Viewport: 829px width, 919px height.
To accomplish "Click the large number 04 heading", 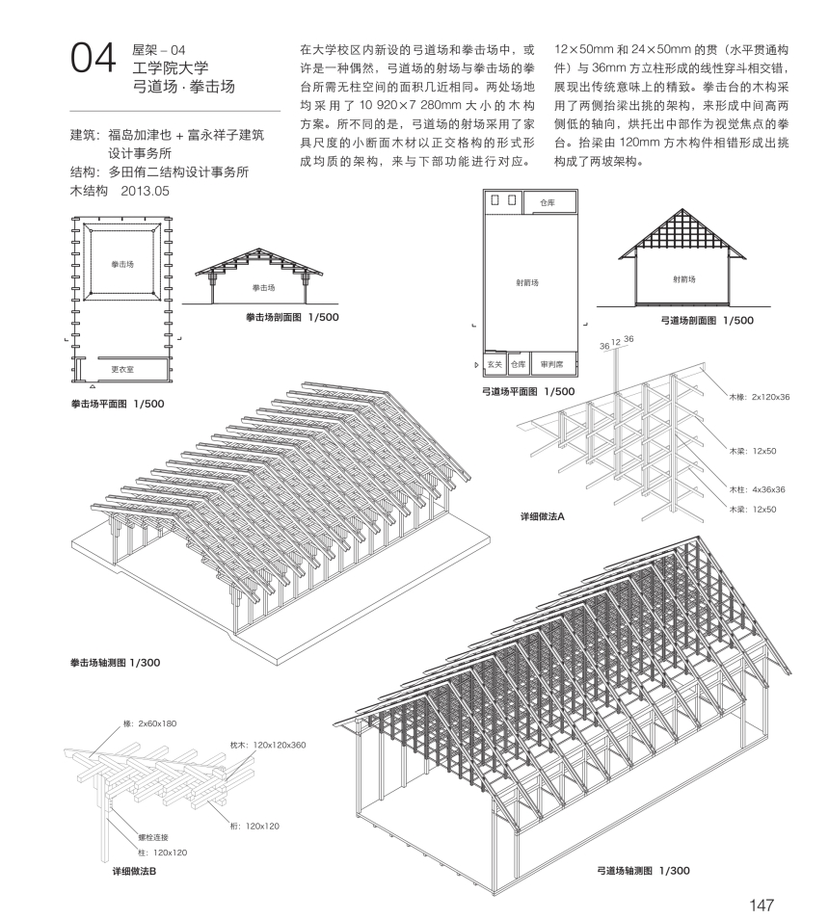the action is tap(94, 58).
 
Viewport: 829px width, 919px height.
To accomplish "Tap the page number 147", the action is tap(762, 905).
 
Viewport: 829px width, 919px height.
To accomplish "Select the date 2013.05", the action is tap(145, 191).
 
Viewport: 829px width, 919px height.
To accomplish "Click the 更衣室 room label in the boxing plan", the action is tap(122, 369).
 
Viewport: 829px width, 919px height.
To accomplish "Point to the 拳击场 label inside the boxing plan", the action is tap(122, 264).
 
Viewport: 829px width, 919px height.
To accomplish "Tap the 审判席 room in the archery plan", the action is tap(551, 364).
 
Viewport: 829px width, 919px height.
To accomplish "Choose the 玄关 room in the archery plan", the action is tap(495, 364).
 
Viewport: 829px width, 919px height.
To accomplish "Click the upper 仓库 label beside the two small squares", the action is tap(547, 203).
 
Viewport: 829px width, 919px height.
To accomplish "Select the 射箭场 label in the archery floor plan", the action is tap(527, 282).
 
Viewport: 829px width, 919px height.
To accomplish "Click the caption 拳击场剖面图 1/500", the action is tap(292, 317).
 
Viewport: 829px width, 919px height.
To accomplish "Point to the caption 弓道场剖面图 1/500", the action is tap(707, 321).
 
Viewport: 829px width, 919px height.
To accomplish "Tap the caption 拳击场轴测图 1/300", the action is tap(115, 663).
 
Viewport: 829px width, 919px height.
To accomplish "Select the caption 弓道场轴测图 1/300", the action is tap(643, 871).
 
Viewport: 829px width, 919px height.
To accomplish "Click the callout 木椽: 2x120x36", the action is tap(760, 397).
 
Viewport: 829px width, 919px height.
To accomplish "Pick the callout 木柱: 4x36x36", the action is tap(757, 489).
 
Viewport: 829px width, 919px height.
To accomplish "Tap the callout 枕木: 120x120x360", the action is tap(268, 745).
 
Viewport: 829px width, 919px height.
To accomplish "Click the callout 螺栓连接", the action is tap(153, 837).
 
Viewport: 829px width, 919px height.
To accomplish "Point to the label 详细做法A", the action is tap(543, 516).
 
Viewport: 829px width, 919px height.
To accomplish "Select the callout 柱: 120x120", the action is tap(162, 853).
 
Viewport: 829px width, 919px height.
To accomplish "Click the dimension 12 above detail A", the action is tap(616, 342).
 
